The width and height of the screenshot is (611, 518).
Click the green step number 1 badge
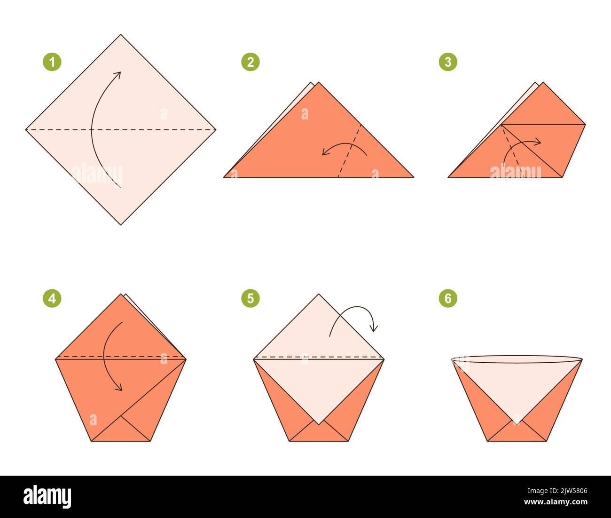[x=52, y=62]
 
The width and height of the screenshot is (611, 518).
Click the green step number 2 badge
[x=251, y=62]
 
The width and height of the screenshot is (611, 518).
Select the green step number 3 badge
[x=448, y=62]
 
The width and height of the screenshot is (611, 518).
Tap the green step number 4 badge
[x=52, y=298]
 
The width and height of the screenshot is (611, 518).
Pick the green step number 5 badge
[x=251, y=298]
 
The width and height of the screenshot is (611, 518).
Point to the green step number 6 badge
[x=448, y=298]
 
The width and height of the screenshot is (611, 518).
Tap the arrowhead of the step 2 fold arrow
[x=324, y=152]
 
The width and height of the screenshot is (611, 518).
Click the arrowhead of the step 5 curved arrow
[x=375, y=329]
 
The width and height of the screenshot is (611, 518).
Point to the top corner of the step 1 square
[x=121, y=35]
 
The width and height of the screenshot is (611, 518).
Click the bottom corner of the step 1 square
[x=121, y=224]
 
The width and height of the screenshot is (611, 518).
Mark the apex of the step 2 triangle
[x=319, y=83]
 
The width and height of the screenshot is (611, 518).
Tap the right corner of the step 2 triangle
[x=413, y=177]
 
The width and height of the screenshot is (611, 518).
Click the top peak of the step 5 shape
[x=319, y=295]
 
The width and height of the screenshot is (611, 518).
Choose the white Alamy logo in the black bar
[x=47, y=497]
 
